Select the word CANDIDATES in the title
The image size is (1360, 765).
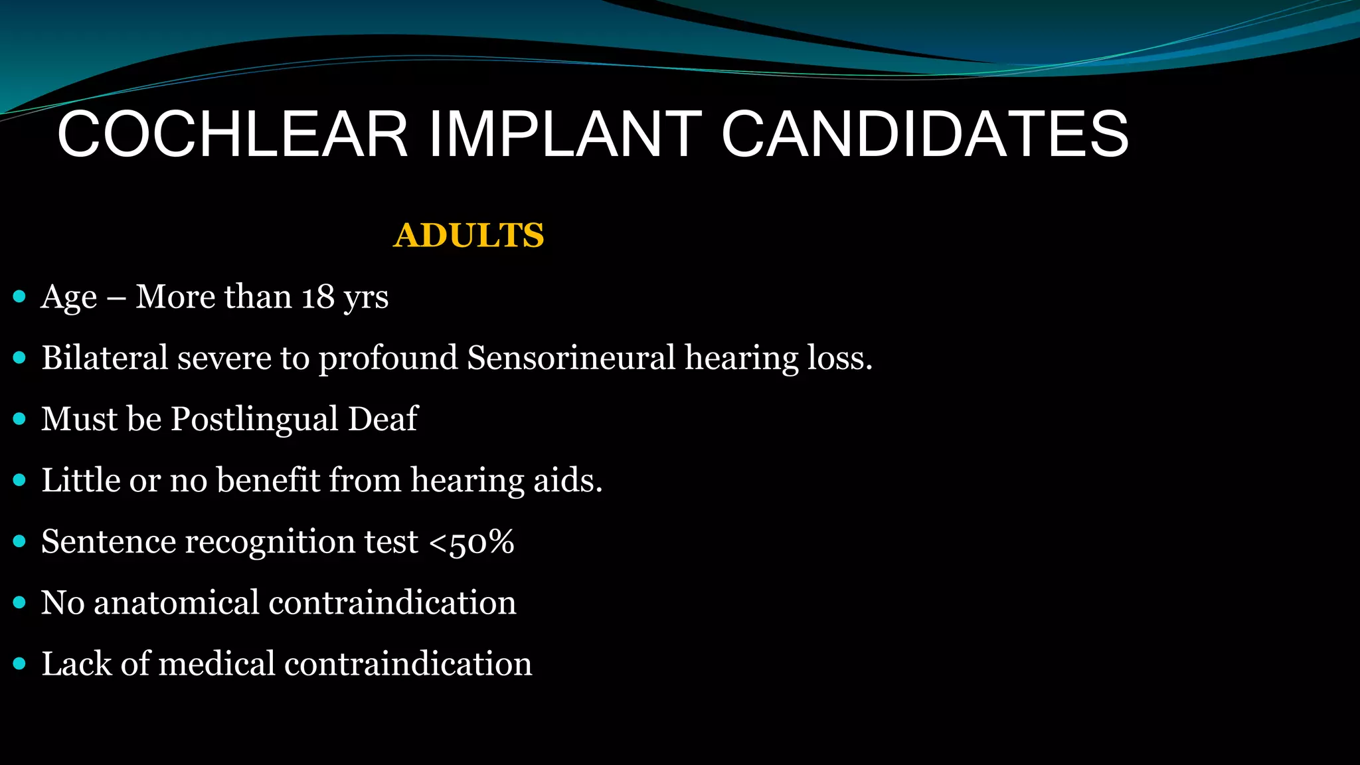point(924,135)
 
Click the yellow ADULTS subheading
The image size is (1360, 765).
point(469,236)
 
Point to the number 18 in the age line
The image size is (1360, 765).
point(317,297)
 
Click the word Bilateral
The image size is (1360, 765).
point(105,358)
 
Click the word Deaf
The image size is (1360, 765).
point(383,419)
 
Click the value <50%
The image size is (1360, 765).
point(471,542)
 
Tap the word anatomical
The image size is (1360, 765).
point(177,603)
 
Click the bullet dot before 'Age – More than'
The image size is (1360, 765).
point(19,296)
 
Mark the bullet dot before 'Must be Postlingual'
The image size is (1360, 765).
point(19,419)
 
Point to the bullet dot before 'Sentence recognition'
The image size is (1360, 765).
point(19,541)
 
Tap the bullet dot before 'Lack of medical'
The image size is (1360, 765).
point(19,663)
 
